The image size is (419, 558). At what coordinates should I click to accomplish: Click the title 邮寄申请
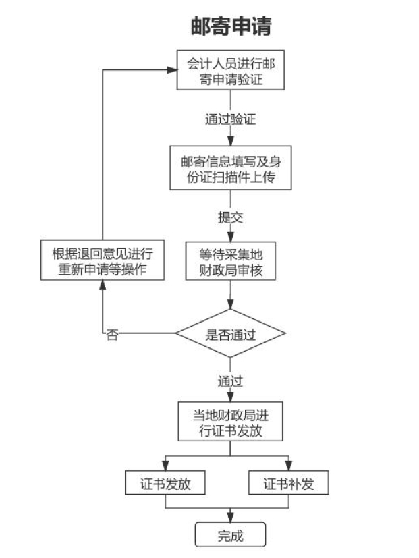point(231,26)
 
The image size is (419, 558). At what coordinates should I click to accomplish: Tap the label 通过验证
point(231,120)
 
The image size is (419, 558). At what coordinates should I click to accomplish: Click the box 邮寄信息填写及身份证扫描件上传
point(231,169)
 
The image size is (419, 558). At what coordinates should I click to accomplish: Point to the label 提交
point(231,217)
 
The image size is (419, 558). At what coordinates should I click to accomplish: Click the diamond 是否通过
point(231,334)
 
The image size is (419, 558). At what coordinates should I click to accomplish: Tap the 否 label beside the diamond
point(112,335)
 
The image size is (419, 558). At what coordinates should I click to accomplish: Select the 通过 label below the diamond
point(231,379)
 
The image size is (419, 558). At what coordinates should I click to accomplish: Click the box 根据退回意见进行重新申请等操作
point(102,262)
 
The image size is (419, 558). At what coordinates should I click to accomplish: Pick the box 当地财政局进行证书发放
point(231,422)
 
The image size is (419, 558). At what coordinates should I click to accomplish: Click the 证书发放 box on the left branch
point(165,484)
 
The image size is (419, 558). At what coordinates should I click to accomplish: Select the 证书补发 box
point(289,484)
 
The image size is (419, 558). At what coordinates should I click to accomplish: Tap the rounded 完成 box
point(231,535)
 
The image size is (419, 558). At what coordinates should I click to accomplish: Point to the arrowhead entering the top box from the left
point(173,70)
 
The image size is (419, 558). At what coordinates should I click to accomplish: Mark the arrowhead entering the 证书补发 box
point(289,468)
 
